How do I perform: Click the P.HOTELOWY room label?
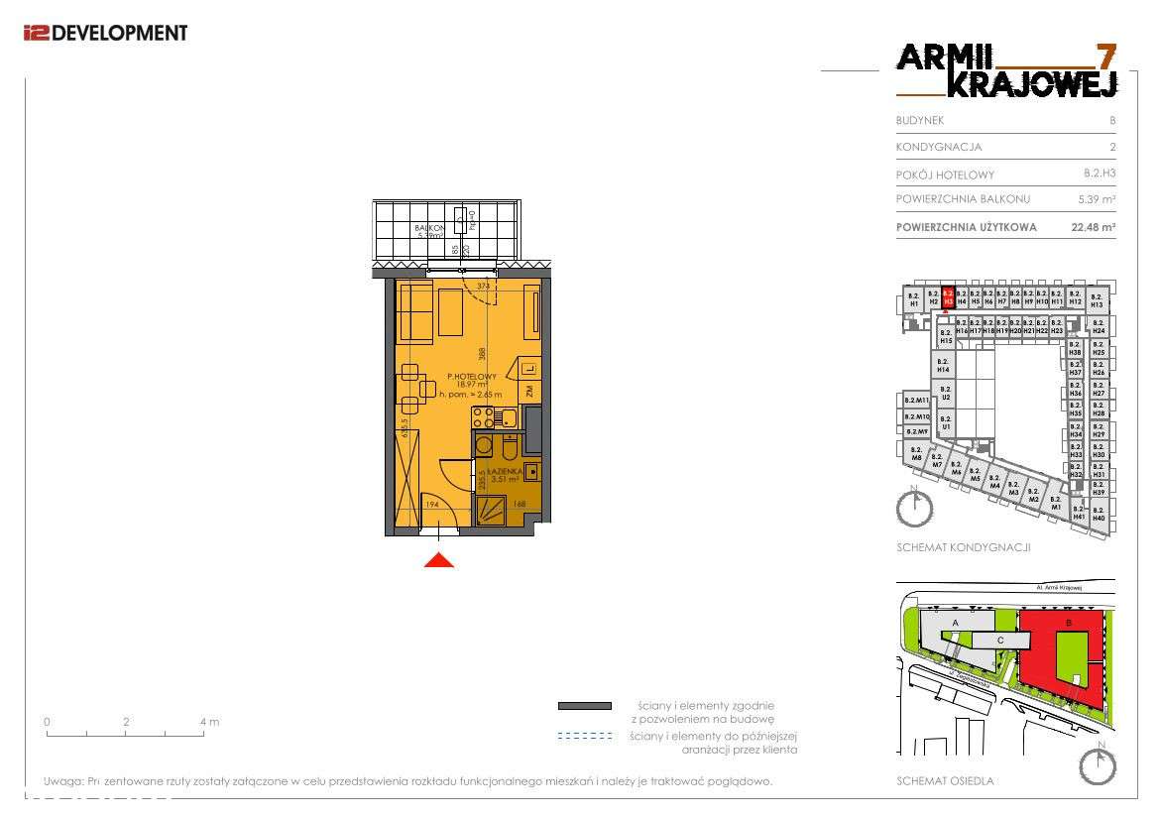point(471,377)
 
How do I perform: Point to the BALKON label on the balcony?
point(430,227)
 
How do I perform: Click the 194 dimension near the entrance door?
point(432,505)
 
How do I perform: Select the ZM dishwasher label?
point(530,392)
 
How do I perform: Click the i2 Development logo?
point(104,33)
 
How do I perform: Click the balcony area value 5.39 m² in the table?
point(1097,199)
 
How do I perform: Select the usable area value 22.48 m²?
point(1094,227)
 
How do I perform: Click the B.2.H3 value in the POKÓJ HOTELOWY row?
point(1100,174)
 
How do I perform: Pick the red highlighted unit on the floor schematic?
point(948,297)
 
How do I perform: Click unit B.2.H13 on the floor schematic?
point(1096,300)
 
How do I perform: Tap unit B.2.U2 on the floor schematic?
point(946,393)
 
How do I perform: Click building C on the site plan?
point(1000,641)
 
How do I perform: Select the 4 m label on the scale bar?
point(209,722)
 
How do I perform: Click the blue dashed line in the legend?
point(585,736)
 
